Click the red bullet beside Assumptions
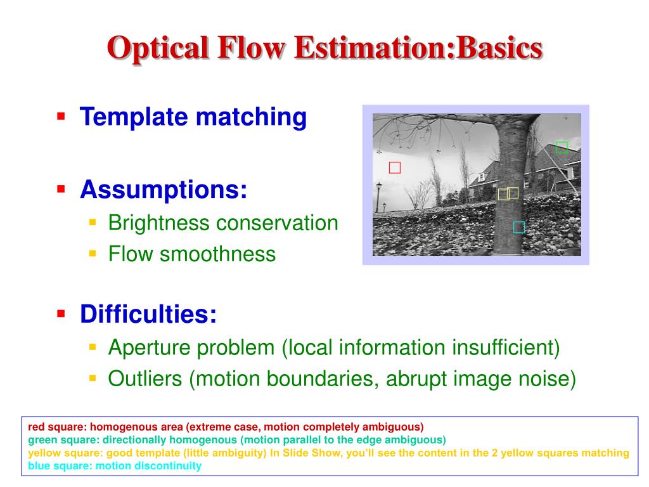[x=61, y=188]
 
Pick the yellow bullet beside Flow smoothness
[x=93, y=254]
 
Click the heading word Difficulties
[x=148, y=313]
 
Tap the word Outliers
[x=146, y=379]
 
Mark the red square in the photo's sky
[x=395, y=168]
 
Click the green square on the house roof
[x=561, y=148]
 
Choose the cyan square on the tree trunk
[x=518, y=227]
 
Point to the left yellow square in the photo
[x=503, y=194]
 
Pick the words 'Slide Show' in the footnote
[x=307, y=453]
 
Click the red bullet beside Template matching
[x=61, y=116]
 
